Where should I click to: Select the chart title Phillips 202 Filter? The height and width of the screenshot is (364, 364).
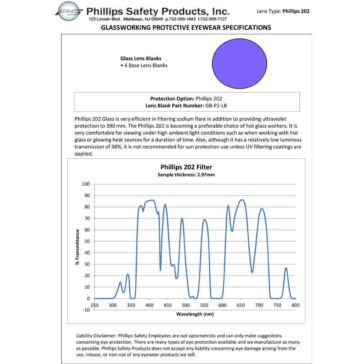186,167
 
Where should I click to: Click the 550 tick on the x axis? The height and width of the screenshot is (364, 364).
204,305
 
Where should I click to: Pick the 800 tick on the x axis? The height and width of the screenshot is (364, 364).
295,305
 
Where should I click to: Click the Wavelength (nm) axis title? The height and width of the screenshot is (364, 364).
195,314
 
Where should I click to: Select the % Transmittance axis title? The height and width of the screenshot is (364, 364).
78,247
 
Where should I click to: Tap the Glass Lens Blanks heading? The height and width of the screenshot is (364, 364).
141,58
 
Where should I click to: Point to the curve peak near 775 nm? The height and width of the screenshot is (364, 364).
286,268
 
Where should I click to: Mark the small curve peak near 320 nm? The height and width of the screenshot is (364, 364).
120,282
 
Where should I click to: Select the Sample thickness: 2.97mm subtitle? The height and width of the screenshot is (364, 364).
186,175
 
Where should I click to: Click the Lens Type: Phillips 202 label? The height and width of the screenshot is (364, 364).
283,11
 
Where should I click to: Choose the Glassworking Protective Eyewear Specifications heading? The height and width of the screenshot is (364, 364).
186,28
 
